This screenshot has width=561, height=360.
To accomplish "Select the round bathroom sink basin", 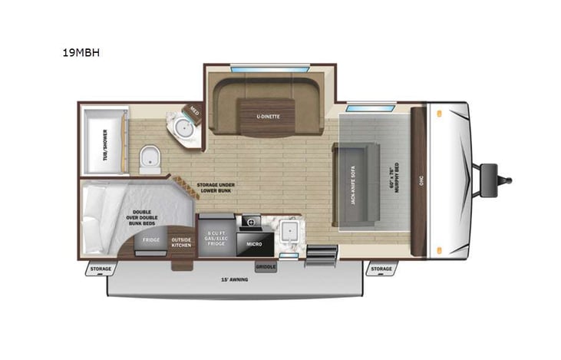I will pos(185,128).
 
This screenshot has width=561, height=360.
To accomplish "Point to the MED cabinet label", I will pos(194,112).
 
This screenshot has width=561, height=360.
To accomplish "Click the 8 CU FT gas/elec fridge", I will pos(216,238).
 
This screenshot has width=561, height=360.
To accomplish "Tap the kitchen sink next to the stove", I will pos(289,230).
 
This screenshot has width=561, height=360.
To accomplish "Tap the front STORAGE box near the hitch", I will pos(381,269).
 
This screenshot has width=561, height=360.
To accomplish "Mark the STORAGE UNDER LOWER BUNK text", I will pos(218,189).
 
